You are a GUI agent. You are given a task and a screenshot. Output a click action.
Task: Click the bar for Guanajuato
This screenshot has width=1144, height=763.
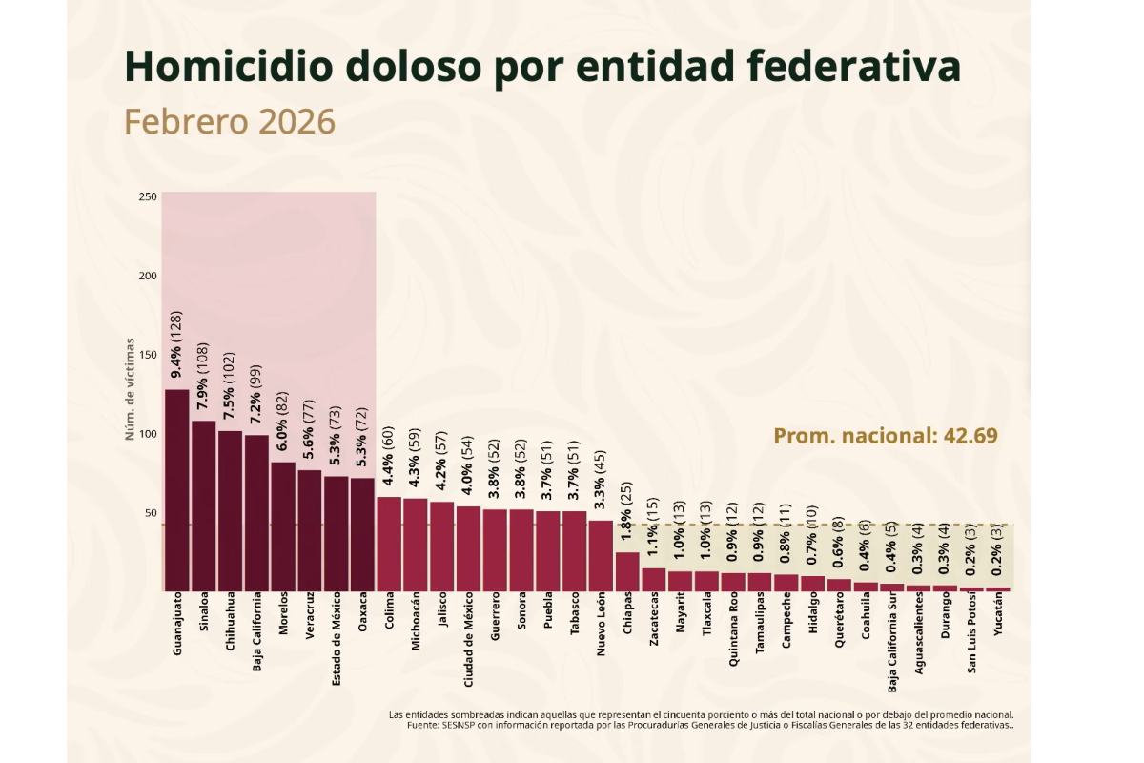tap(177, 490)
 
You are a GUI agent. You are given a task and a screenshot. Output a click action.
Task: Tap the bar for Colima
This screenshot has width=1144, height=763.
tap(389, 544)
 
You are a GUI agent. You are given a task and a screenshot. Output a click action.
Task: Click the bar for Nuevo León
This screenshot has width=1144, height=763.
tap(601, 556)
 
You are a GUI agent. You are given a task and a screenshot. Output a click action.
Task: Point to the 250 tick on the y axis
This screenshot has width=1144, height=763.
tap(148, 196)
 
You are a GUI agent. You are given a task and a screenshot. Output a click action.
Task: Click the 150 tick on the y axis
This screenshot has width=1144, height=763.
tap(148, 355)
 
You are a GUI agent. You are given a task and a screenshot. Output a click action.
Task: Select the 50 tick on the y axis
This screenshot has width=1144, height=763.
tap(151, 513)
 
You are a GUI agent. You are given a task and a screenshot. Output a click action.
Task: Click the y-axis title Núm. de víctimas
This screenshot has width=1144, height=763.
tap(130, 389)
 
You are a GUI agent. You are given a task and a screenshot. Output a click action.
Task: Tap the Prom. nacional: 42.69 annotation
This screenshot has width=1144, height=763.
tap(885, 436)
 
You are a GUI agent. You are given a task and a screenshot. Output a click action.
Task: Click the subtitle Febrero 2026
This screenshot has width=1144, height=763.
tap(230, 121)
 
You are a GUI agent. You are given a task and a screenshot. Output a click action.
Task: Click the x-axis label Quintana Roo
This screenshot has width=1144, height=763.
tap(733, 631)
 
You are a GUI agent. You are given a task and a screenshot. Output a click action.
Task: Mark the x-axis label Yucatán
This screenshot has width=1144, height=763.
tap(998, 619)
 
